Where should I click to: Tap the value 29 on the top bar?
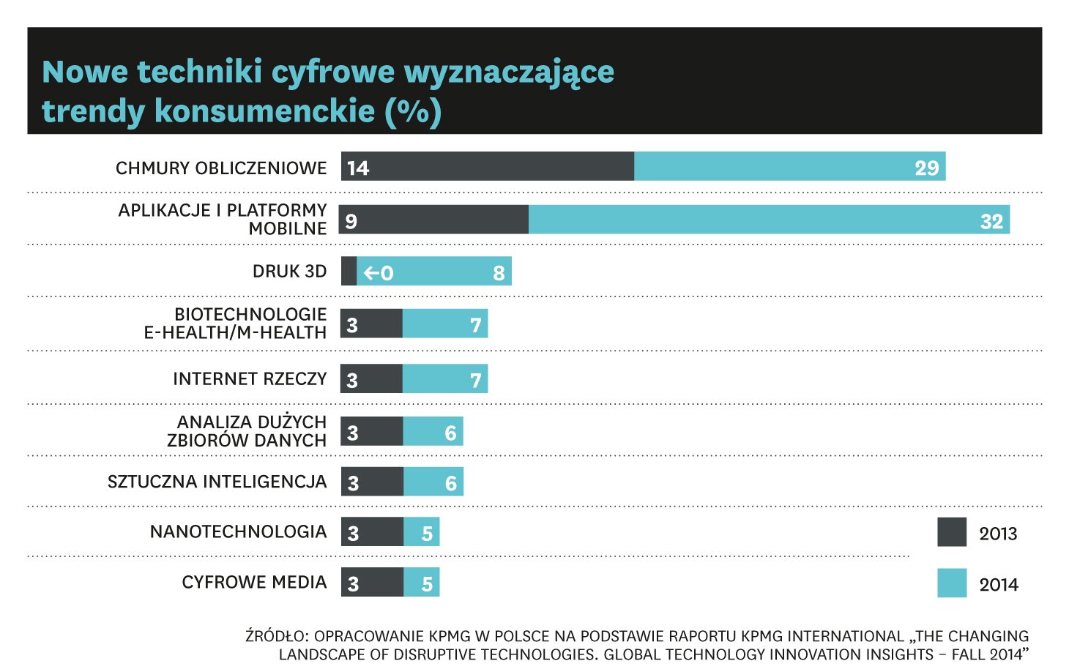tap(926, 168)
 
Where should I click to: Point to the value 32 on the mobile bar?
tap(991, 222)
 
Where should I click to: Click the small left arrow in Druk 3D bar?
tap(371, 273)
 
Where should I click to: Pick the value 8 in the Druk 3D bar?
tap(499, 273)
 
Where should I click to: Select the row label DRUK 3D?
tap(289, 272)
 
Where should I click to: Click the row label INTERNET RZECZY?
tap(250, 378)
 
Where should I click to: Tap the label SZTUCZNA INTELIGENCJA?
tap(217, 482)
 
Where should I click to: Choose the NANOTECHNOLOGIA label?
tap(238, 531)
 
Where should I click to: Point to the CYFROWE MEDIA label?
tap(254, 582)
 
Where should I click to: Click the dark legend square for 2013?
tap(951, 532)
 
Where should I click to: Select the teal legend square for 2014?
tap(951, 583)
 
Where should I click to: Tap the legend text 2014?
tap(998, 585)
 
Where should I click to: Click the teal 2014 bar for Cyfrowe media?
tap(421, 582)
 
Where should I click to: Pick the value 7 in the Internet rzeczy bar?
tap(475, 380)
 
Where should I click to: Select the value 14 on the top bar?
tap(358, 168)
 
